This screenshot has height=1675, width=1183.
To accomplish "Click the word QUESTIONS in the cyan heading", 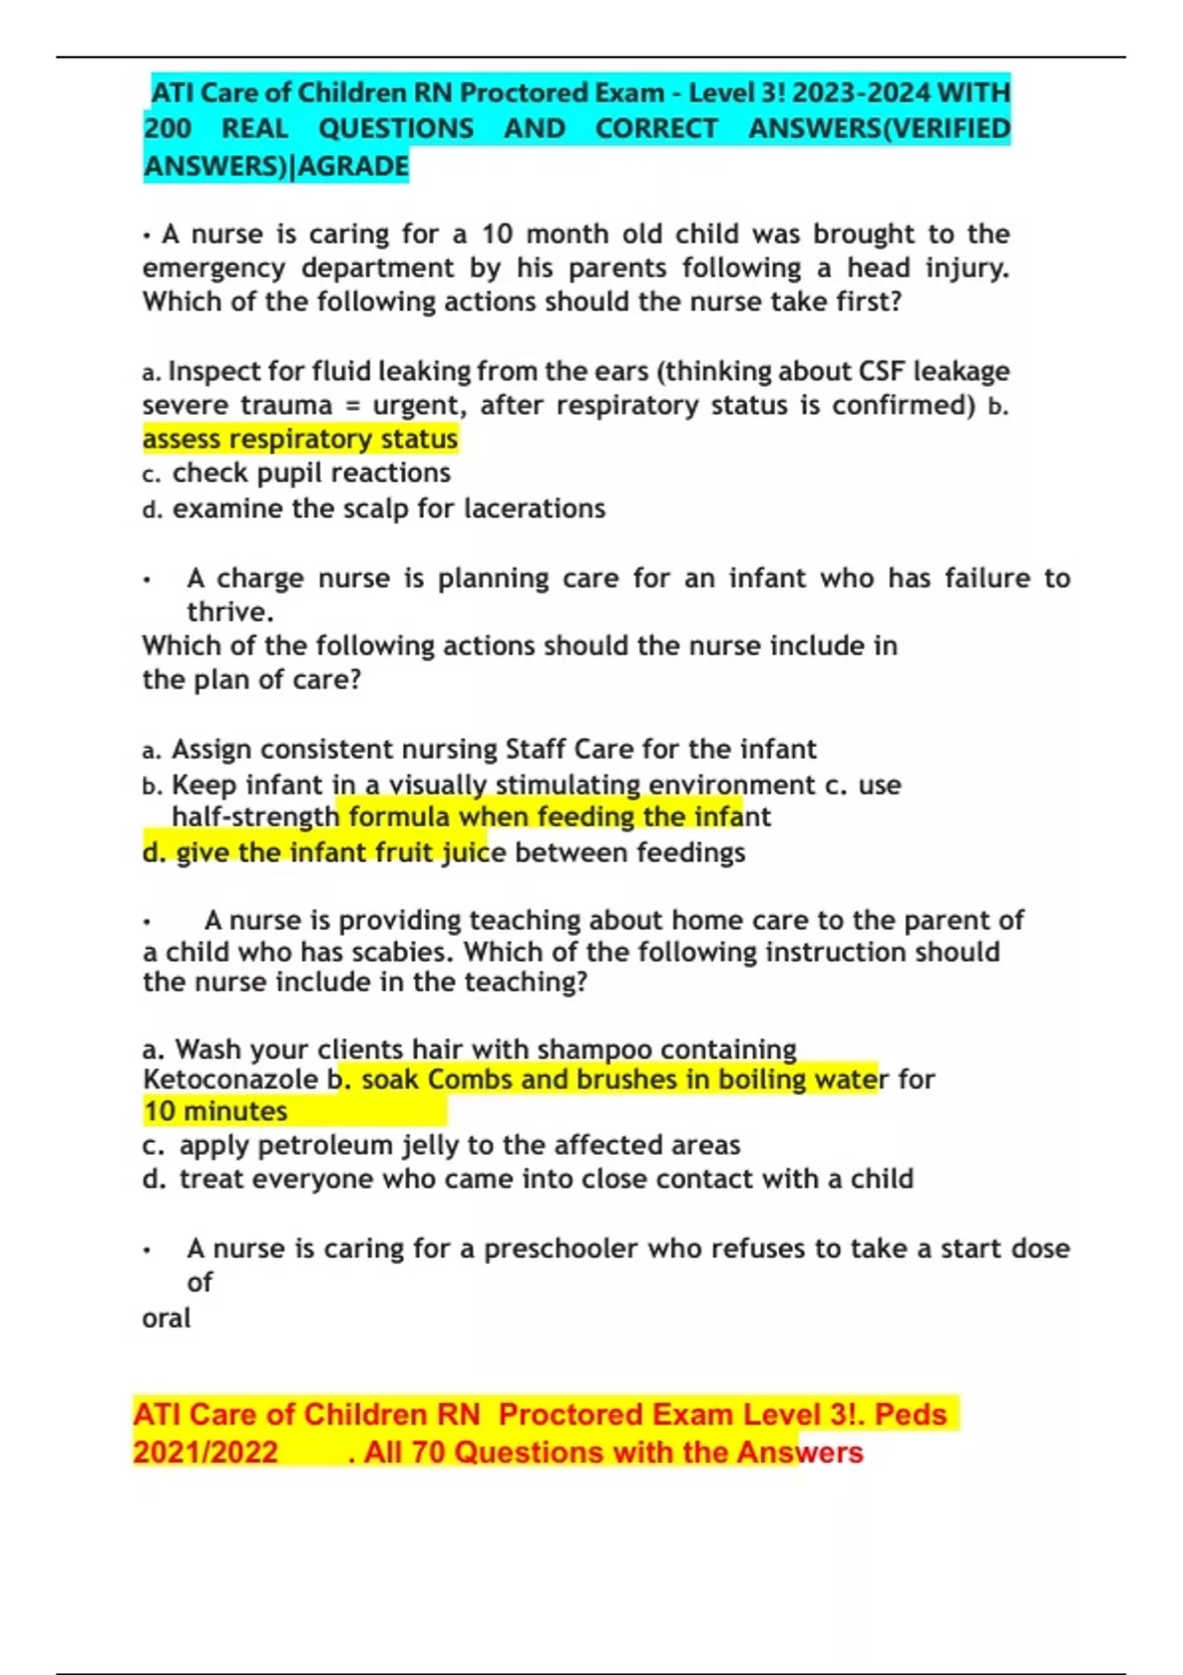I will [395, 129].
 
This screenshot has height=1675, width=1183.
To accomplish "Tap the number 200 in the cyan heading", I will [168, 129].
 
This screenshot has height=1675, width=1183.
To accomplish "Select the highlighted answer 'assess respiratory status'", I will [300, 438].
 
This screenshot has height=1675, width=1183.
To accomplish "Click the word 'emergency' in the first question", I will [213, 268].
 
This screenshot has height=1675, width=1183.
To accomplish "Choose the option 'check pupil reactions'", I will [311, 473].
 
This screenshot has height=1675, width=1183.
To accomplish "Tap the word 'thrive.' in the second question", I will [230, 612].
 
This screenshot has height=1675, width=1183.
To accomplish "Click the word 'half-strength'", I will [254, 817].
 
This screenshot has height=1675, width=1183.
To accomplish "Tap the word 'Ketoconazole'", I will [231, 1080].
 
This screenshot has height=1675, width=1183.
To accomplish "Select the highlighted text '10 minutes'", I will [216, 1111].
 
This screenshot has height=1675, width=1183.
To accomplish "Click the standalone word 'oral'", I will [166, 1318].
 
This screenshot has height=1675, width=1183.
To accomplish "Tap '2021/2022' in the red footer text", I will [205, 1452].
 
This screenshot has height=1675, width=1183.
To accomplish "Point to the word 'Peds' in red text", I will [910, 1415].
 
